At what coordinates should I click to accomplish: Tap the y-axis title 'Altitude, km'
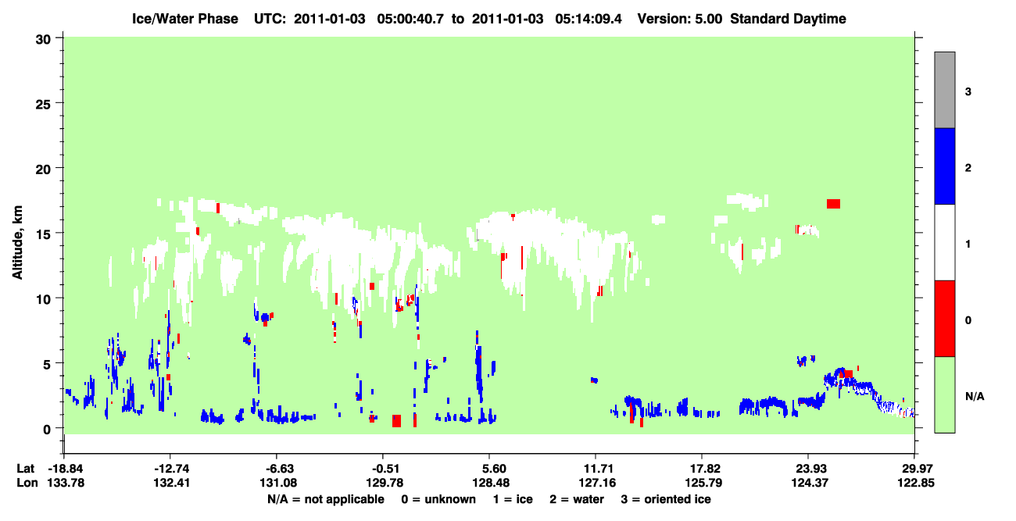pyautogui.click(x=17, y=243)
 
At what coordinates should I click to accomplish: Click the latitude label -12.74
pyautogui.click(x=171, y=469)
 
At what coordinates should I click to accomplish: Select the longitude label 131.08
pyautogui.click(x=278, y=483)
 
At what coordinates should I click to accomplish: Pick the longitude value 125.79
pyautogui.click(x=703, y=483)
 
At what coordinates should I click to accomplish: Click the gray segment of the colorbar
pyautogui.click(x=945, y=90)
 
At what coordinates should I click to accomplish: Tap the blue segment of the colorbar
pyautogui.click(x=945, y=166)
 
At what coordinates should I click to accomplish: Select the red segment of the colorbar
pyautogui.click(x=945, y=319)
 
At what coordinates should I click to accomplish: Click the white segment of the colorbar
pyautogui.click(x=945, y=242)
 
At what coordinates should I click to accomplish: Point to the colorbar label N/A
pyautogui.click(x=975, y=397)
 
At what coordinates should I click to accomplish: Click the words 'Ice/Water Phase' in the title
pyautogui.click(x=185, y=19)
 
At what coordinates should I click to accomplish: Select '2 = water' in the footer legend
pyautogui.click(x=577, y=499)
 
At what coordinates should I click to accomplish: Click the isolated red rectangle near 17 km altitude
pyautogui.click(x=833, y=204)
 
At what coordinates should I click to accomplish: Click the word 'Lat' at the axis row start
pyautogui.click(x=25, y=469)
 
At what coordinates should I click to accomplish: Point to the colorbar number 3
pyautogui.click(x=968, y=92)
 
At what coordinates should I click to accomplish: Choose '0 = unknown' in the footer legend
pyautogui.click(x=438, y=499)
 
